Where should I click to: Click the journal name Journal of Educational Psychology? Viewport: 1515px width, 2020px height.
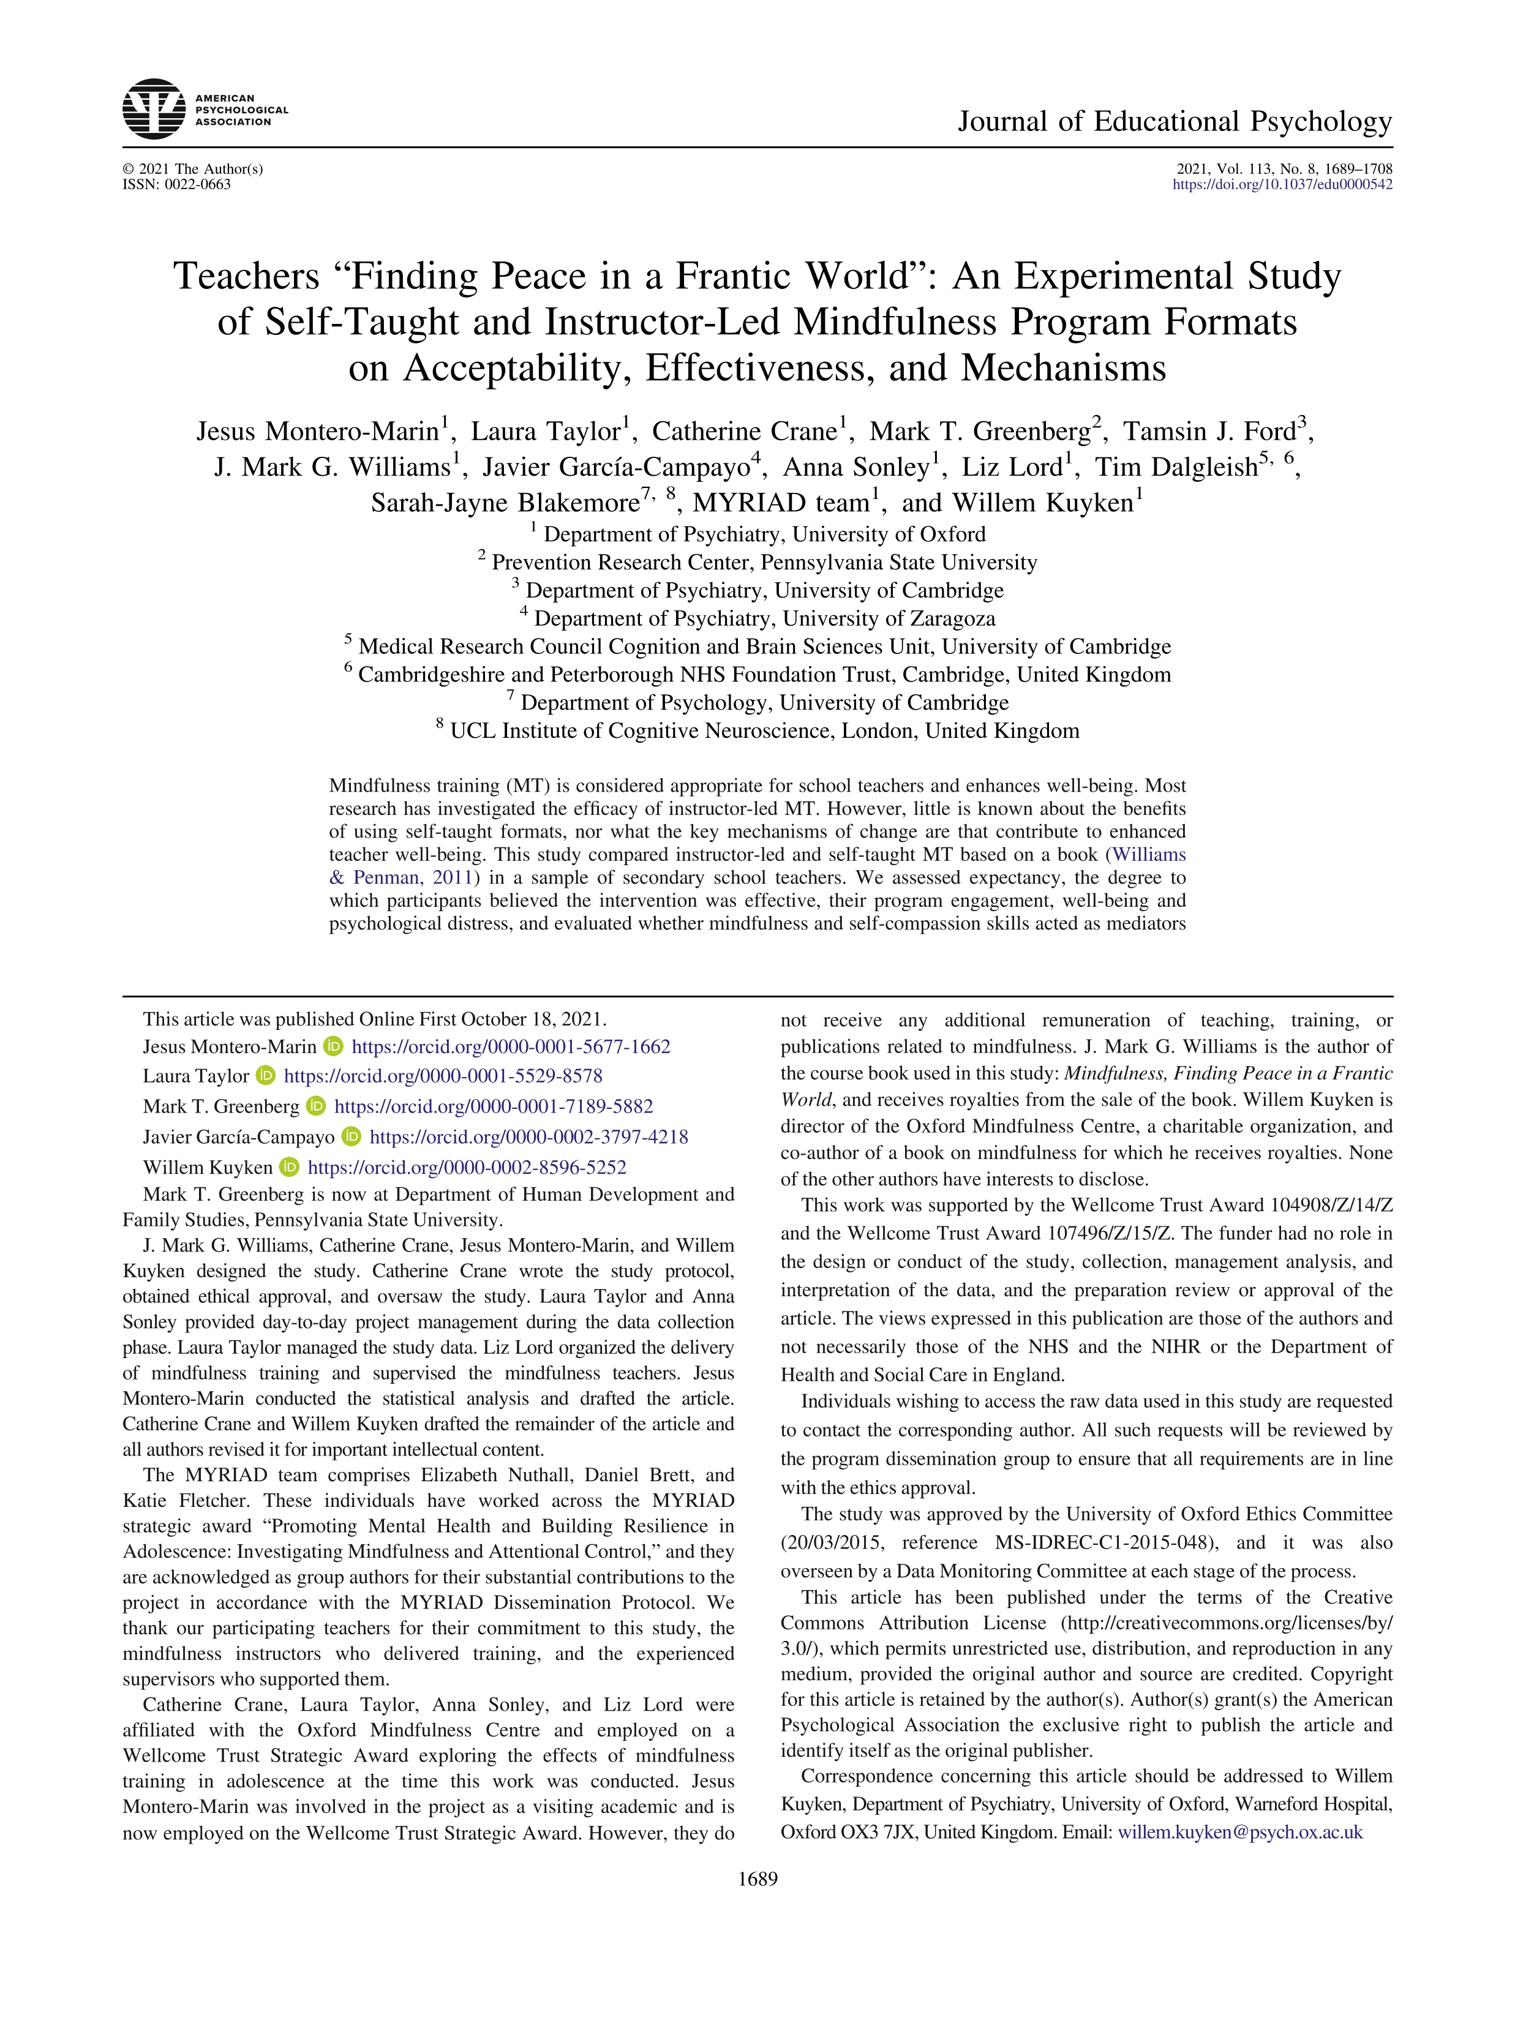pyautogui.click(x=1175, y=121)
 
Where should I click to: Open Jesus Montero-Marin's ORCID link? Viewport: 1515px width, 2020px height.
pyautogui.click(x=511, y=1046)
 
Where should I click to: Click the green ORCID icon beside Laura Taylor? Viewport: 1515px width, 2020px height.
pyautogui.click(x=266, y=1076)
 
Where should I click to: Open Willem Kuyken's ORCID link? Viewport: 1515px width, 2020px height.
pyautogui.click(x=467, y=1167)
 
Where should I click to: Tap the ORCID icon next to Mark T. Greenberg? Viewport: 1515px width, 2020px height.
pyautogui.click(x=316, y=1106)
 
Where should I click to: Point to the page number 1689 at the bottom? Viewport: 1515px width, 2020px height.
pyautogui.click(x=757, y=1879)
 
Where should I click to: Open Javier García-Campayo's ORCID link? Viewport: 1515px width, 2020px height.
pyautogui.click(x=528, y=1137)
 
